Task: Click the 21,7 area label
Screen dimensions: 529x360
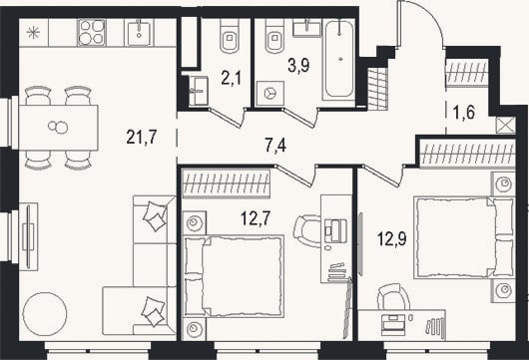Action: click(x=142, y=137)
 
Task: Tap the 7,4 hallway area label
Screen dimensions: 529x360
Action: click(x=275, y=146)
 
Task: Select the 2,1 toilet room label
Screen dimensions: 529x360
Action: click(x=232, y=78)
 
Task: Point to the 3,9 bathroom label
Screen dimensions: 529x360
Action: click(x=298, y=65)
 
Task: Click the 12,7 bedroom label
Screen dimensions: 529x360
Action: click(x=256, y=218)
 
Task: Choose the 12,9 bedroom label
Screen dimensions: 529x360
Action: click(x=392, y=239)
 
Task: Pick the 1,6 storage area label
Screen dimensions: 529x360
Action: click(x=464, y=113)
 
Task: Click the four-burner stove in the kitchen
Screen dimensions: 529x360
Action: click(x=91, y=32)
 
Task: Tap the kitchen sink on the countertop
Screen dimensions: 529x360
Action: click(x=139, y=32)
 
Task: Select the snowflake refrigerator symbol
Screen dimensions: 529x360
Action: click(x=33, y=33)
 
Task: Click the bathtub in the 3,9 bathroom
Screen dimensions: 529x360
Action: click(x=339, y=59)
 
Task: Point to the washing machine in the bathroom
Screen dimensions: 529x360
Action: click(x=269, y=94)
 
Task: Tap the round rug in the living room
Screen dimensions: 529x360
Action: click(x=45, y=314)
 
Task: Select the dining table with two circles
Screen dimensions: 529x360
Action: click(x=58, y=128)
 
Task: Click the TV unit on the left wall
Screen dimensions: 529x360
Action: click(x=28, y=236)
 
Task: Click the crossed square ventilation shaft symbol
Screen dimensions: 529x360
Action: click(x=505, y=125)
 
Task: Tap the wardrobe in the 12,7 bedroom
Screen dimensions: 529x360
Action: click(x=226, y=183)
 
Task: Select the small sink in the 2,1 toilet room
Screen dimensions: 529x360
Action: click(x=198, y=91)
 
